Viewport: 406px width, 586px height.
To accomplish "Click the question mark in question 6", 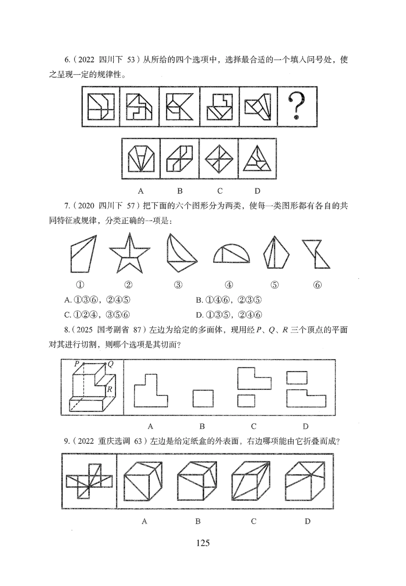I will pyautogui.click(x=297, y=105).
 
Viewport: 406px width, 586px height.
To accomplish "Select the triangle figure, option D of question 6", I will pyautogui.click(x=257, y=159).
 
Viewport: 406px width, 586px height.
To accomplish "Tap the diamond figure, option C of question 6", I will pyautogui.click(x=219, y=159).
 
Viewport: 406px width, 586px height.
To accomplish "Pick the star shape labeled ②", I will pyautogui.click(x=130, y=253).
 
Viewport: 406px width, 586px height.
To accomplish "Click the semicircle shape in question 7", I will pyautogui.click(x=232, y=254).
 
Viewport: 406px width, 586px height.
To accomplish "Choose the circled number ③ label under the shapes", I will pyautogui.click(x=178, y=285).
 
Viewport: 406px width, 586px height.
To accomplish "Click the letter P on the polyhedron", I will pyautogui.click(x=76, y=364).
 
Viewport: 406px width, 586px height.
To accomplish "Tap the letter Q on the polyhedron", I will pyautogui.click(x=110, y=364).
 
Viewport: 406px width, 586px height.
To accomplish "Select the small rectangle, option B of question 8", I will pyautogui.click(x=203, y=398).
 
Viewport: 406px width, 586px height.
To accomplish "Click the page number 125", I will pyautogui.click(x=203, y=543).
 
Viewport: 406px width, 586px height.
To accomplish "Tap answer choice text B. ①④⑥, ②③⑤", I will pyautogui.click(x=229, y=300).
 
